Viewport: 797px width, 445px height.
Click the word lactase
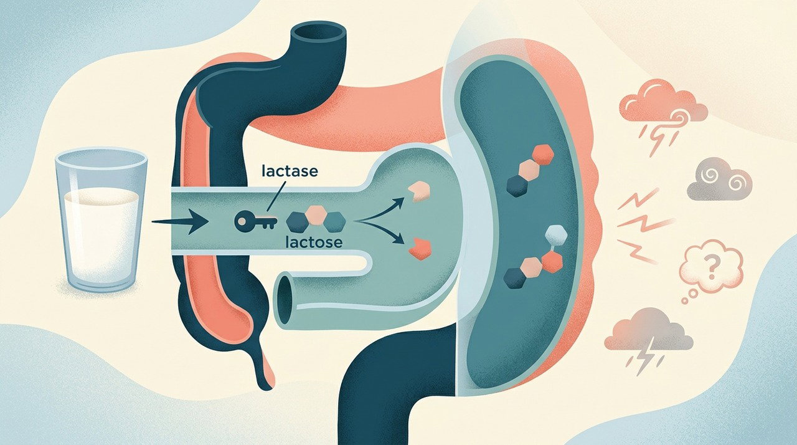click(x=290, y=171)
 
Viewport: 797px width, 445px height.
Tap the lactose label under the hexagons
click(x=314, y=242)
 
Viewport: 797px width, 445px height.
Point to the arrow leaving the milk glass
click(x=180, y=221)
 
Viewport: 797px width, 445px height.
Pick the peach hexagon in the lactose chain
click(x=315, y=216)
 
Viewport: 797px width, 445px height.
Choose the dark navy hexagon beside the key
click(x=297, y=222)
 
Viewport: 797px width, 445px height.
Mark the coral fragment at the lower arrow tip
click(x=420, y=249)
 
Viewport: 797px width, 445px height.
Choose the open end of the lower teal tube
click(x=286, y=301)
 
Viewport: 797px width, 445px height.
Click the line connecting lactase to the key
click(x=276, y=196)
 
